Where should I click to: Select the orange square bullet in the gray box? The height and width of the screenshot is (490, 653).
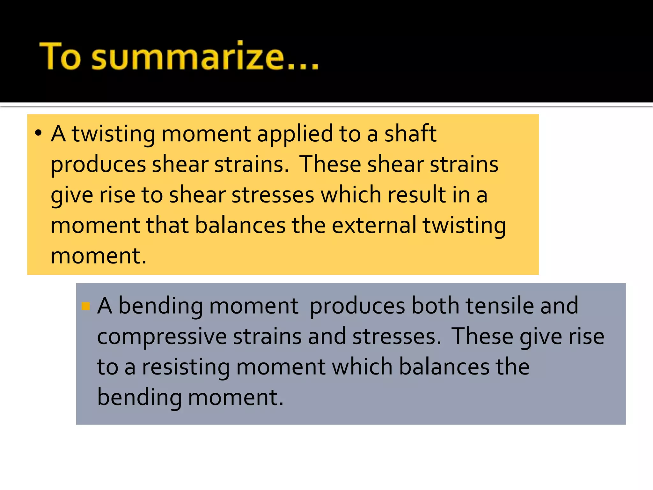pyautogui.click(x=86, y=306)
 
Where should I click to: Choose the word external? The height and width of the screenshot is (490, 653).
pyautogui.click(x=374, y=225)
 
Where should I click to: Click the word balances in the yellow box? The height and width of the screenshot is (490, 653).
pyautogui.click(x=240, y=225)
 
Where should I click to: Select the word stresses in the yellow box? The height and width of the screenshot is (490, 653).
pyautogui.click(x=273, y=195)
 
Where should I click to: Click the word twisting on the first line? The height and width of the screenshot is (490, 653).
pyautogui.click(x=113, y=134)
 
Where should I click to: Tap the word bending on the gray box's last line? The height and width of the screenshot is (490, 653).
pyautogui.click(x=139, y=397)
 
